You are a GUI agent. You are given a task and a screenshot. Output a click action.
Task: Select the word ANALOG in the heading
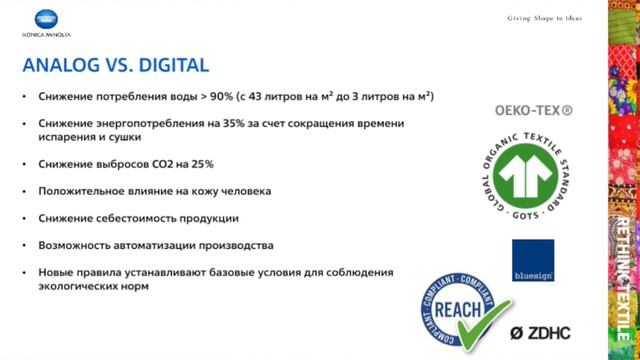[58, 66]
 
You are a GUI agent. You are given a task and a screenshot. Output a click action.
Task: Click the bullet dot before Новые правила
[26, 272]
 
